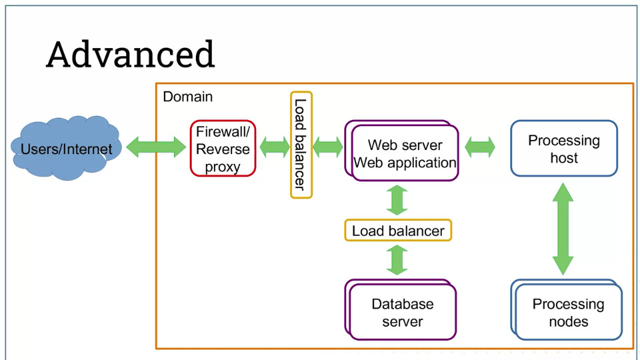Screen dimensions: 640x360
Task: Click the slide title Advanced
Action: (130, 54)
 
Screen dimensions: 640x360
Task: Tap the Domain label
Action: (188, 97)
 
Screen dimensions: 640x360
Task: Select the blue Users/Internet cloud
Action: (66, 148)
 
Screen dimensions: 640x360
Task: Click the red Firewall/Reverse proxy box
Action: (223, 149)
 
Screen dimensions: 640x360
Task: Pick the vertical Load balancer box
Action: (301, 145)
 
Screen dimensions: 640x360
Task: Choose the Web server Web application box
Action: (402, 151)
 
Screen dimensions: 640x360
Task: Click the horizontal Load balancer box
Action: (398, 231)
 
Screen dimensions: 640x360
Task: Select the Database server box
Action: (401, 309)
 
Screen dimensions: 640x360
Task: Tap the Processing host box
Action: (564, 149)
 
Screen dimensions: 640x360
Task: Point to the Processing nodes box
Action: (567, 309)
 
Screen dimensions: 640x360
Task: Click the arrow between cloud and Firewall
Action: (156, 147)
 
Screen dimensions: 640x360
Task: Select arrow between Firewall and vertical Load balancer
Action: (274, 147)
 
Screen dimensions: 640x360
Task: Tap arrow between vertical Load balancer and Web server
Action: (328, 147)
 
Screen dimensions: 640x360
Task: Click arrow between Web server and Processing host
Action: (480, 147)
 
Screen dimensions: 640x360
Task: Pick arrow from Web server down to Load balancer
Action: (397, 200)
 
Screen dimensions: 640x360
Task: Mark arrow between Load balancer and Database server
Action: (397, 260)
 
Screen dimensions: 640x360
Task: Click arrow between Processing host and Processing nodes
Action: (563, 229)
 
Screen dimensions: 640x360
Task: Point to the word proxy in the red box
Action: (223, 167)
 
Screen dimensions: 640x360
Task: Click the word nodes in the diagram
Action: (569, 321)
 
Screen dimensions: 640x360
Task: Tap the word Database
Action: (403, 304)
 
